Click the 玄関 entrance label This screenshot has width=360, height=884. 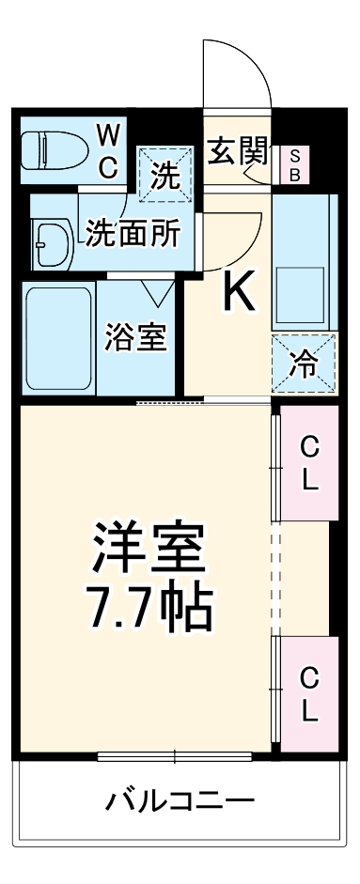238,151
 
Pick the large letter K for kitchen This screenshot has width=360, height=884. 238,294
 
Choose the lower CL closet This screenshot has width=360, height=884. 309,692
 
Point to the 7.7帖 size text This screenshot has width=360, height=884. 149,608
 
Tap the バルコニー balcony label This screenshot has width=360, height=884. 179,801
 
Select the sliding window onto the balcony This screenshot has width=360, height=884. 175,754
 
